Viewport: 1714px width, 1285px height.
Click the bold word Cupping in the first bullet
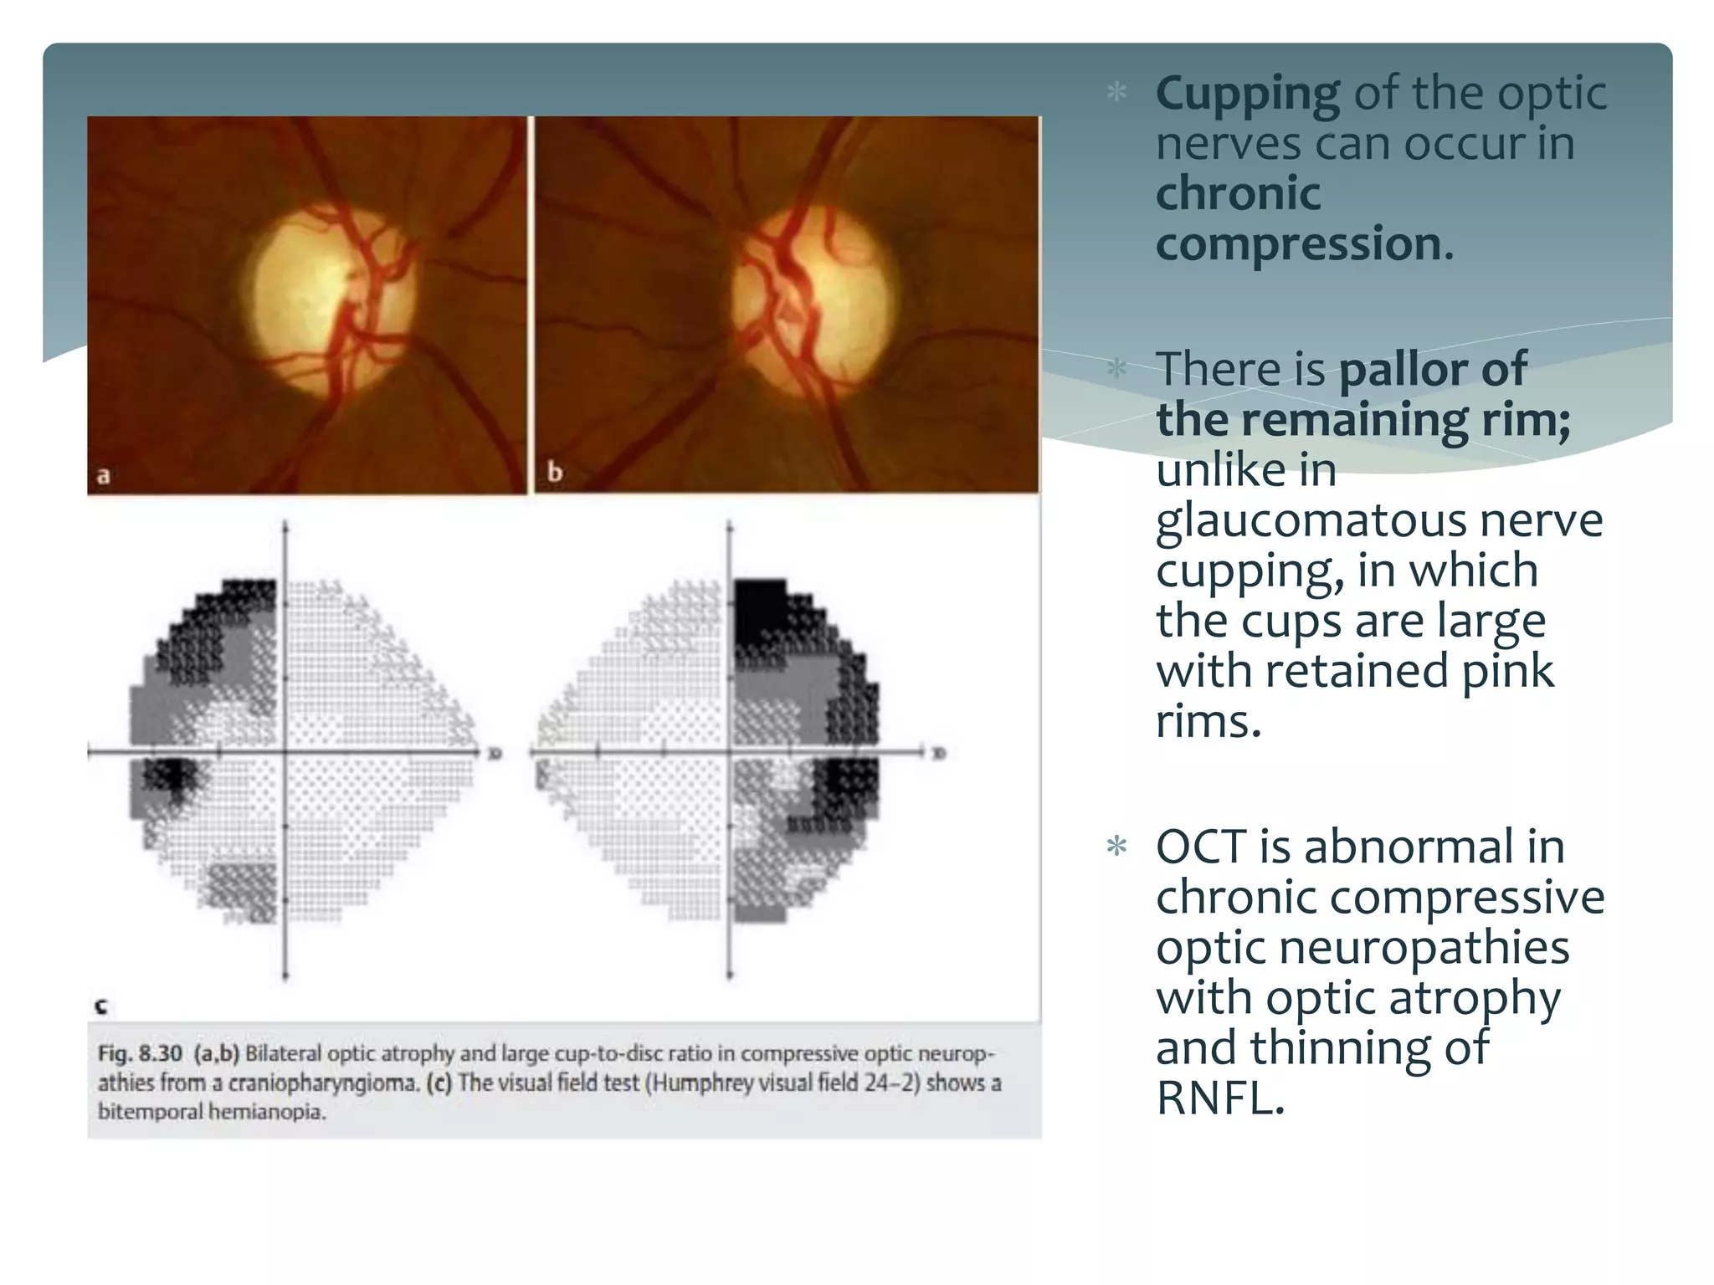click(x=1247, y=93)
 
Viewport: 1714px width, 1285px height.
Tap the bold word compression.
click(x=1304, y=243)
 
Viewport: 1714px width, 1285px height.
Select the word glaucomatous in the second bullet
click(x=1310, y=521)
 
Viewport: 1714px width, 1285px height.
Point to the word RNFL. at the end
click(x=1219, y=1098)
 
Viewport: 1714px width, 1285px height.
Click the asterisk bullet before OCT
click(x=1116, y=847)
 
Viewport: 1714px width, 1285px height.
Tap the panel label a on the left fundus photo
click(x=104, y=476)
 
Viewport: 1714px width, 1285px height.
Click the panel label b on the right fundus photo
click(x=554, y=473)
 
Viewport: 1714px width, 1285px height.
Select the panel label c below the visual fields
click(x=101, y=1006)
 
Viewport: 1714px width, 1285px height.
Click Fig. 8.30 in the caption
click(x=140, y=1053)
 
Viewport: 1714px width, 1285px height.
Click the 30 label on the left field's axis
click(x=495, y=755)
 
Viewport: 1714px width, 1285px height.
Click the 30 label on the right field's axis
click(x=938, y=755)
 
